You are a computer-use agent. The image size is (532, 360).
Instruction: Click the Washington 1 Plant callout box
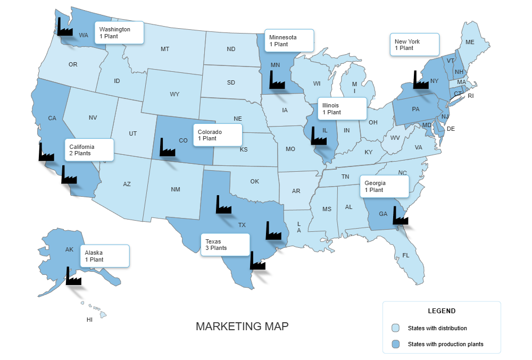[x=119, y=33]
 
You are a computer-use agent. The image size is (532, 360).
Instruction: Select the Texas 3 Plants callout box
[x=225, y=245]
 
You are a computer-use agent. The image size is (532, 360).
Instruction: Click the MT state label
[x=165, y=49]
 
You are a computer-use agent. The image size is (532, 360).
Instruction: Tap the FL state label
[x=406, y=255]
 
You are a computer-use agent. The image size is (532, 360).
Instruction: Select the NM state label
[x=175, y=189]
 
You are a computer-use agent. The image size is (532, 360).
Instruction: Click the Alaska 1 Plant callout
[x=105, y=256]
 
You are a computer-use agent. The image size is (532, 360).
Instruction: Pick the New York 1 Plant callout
[x=414, y=45]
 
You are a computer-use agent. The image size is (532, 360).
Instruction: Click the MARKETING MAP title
[x=242, y=326]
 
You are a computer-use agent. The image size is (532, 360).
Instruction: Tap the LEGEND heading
[x=442, y=311]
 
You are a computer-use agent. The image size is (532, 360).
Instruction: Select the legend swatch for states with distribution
[x=395, y=328]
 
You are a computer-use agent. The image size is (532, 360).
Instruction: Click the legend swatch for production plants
[x=395, y=344]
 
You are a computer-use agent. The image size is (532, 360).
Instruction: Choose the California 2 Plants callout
[x=89, y=150]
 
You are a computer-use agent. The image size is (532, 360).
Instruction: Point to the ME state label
[x=470, y=42]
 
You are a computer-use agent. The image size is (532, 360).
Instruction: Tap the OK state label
[x=254, y=181]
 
